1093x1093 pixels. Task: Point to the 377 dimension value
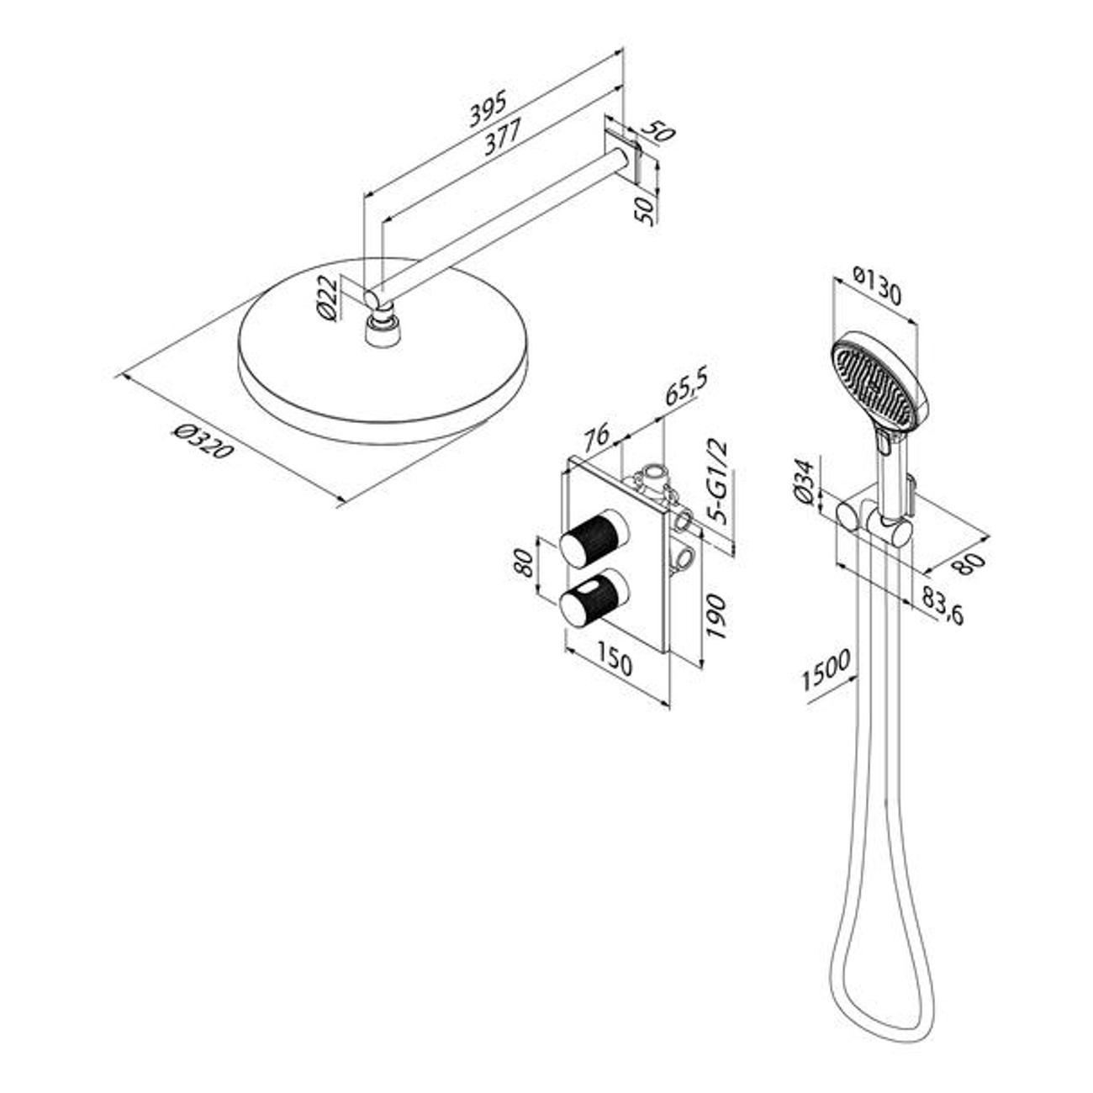click(x=503, y=138)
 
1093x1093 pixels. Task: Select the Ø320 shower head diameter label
click(x=203, y=442)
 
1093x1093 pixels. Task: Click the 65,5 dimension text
click(x=687, y=387)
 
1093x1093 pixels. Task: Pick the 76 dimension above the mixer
click(x=595, y=436)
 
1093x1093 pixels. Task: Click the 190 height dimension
click(x=716, y=616)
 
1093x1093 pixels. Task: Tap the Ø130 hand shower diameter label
click(x=876, y=287)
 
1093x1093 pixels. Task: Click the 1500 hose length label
click(x=826, y=670)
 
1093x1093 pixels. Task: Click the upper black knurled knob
click(x=594, y=538)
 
